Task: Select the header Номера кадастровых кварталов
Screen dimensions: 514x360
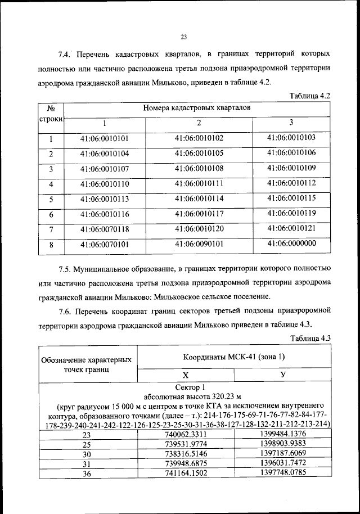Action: (x=196, y=107)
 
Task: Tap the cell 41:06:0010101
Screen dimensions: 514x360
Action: (x=105, y=138)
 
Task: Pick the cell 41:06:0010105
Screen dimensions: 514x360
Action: (x=199, y=153)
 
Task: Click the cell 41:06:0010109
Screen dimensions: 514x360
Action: (x=291, y=168)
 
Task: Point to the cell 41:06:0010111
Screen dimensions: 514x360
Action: (x=199, y=183)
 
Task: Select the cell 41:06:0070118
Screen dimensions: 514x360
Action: (x=105, y=229)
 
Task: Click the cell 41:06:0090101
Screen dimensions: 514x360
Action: (x=199, y=244)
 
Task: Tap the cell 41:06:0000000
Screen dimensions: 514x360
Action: (x=291, y=244)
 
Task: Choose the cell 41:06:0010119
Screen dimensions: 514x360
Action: (x=291, y=213)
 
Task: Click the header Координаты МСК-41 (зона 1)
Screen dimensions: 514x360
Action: (x=234, y=357)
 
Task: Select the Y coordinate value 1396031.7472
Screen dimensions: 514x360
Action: (x=283, y=463)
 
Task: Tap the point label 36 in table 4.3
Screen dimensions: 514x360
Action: (x=87, y=474)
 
